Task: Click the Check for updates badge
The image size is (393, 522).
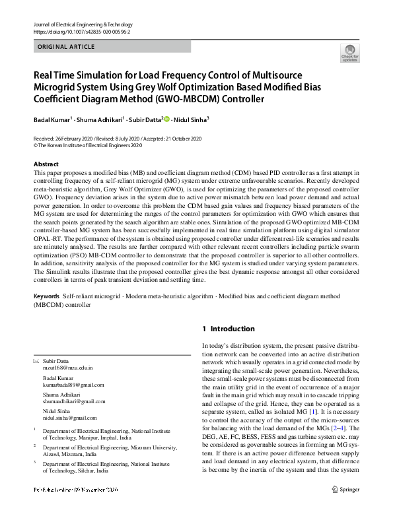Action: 349,53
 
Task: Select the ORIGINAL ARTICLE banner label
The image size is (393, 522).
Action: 67,47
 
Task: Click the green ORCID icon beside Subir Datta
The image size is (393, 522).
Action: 167,119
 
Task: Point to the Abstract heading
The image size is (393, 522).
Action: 46,163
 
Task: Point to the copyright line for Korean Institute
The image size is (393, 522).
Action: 92,145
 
